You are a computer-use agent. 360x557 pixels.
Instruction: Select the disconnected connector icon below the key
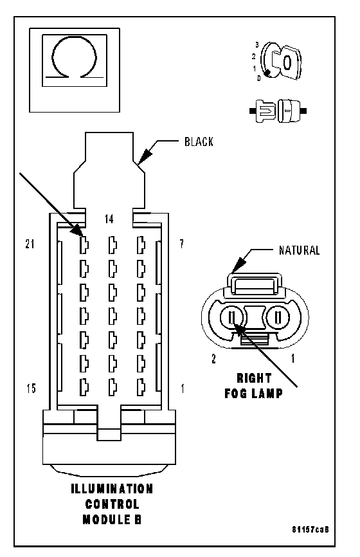(x=278, y=111)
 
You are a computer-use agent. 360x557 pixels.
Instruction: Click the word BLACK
(x=199, y=142)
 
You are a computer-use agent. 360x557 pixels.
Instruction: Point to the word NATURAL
(x=299, y=250)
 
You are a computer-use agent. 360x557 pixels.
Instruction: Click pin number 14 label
(x=109, y=219)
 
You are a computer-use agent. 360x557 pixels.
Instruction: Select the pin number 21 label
(x=30, y=244)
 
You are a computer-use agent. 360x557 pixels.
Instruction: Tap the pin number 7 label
(x=181, y=244)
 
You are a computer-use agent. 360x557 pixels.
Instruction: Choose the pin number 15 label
(x=32, y=388)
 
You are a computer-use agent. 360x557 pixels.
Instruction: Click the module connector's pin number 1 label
(x=183, y=388)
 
